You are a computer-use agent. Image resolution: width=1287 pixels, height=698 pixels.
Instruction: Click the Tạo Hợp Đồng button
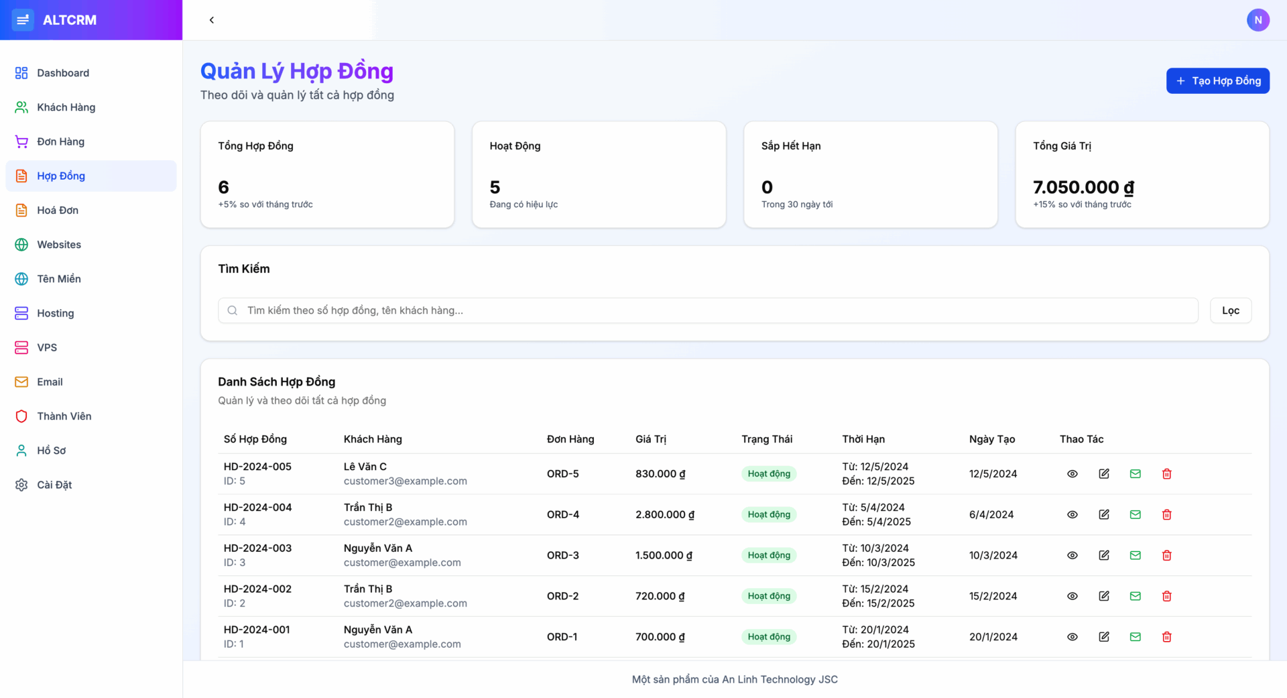1217,80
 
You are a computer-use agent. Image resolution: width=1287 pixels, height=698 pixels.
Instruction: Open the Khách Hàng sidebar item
66,107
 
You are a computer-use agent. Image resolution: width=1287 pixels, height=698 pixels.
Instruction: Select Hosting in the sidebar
55,313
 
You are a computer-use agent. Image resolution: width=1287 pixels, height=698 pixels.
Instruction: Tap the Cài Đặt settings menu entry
54,485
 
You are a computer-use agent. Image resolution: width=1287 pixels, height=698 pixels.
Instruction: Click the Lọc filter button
1230,310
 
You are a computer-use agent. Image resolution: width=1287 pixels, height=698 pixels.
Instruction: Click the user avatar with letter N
1258,20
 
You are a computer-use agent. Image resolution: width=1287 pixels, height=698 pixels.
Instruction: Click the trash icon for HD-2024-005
1166,474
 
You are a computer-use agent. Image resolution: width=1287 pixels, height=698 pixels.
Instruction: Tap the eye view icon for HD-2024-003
1072,555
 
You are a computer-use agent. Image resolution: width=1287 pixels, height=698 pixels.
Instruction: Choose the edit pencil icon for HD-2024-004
1104,514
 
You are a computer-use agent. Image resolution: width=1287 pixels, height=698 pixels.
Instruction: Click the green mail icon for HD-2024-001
1135,637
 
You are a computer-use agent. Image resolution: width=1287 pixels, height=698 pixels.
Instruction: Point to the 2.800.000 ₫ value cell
664,514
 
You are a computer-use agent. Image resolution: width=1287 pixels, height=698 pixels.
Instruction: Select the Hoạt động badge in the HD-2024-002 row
769,596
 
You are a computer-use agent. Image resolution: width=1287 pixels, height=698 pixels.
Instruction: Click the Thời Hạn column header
863,439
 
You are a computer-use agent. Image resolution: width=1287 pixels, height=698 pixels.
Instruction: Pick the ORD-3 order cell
562,555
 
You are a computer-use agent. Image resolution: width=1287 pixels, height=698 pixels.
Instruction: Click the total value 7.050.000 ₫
1083,187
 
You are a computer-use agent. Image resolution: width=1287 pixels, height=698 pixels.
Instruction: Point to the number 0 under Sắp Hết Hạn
767,187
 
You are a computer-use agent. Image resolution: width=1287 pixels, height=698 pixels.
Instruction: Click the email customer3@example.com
405,481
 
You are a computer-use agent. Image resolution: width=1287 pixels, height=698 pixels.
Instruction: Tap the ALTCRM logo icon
23,20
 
